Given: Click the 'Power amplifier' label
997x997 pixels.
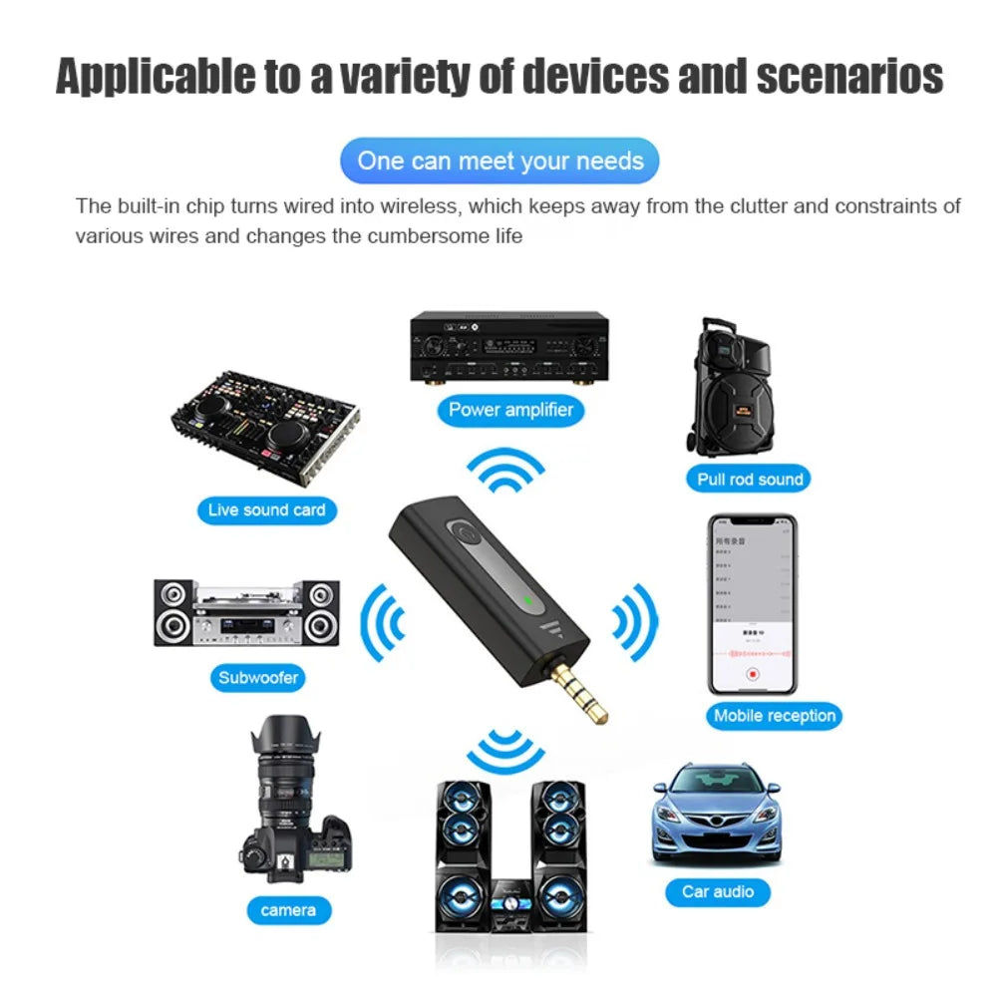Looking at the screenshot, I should click(510, 409).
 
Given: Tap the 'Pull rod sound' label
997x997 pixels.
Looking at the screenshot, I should click(750, 479).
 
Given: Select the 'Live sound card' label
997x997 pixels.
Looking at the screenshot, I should click(266, 510).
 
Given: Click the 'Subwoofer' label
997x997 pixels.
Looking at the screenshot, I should click(258, 678).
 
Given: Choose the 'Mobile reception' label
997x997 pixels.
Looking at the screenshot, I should click(774, 715).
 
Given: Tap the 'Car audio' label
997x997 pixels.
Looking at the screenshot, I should click(718, 891).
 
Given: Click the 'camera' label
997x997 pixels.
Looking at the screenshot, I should click(288, 909).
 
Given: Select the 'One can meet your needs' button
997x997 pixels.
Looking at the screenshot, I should click(499, 161).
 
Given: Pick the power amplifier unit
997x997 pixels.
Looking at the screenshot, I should click(509, 348).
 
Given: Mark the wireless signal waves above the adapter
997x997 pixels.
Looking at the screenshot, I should click(506, 471).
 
